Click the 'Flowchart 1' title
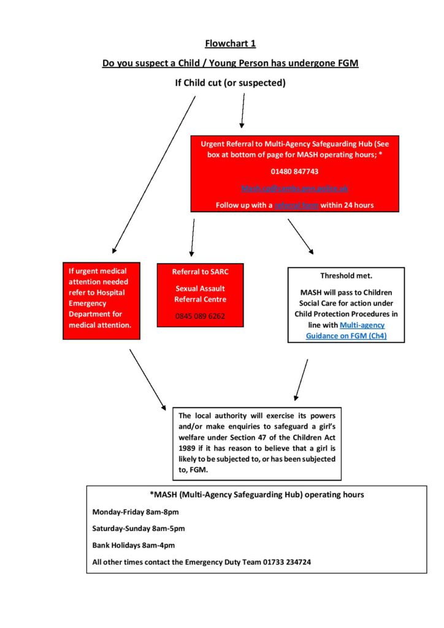pyautogui.click(x=230, y=44)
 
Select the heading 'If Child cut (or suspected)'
pyautogui.click(x=230, y=83)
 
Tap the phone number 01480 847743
pyautogui.click(x=294, y=170)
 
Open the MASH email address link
pyautogui.click(x=294, y=188)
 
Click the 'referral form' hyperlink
pyautogui.click(x=297, y=205)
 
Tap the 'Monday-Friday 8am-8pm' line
pyautogui.click(x=136, y=511)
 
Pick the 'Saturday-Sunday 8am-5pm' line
pyautogui.click(x=139, y=528)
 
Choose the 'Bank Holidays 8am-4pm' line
pyautogui.click(x=132, y=545)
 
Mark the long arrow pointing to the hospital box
pyautogui.click(x=153, y=175)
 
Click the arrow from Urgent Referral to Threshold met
pyautogui.click(x=300, y=236)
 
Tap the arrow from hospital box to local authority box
pyautogui.click(x=147, y=379)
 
